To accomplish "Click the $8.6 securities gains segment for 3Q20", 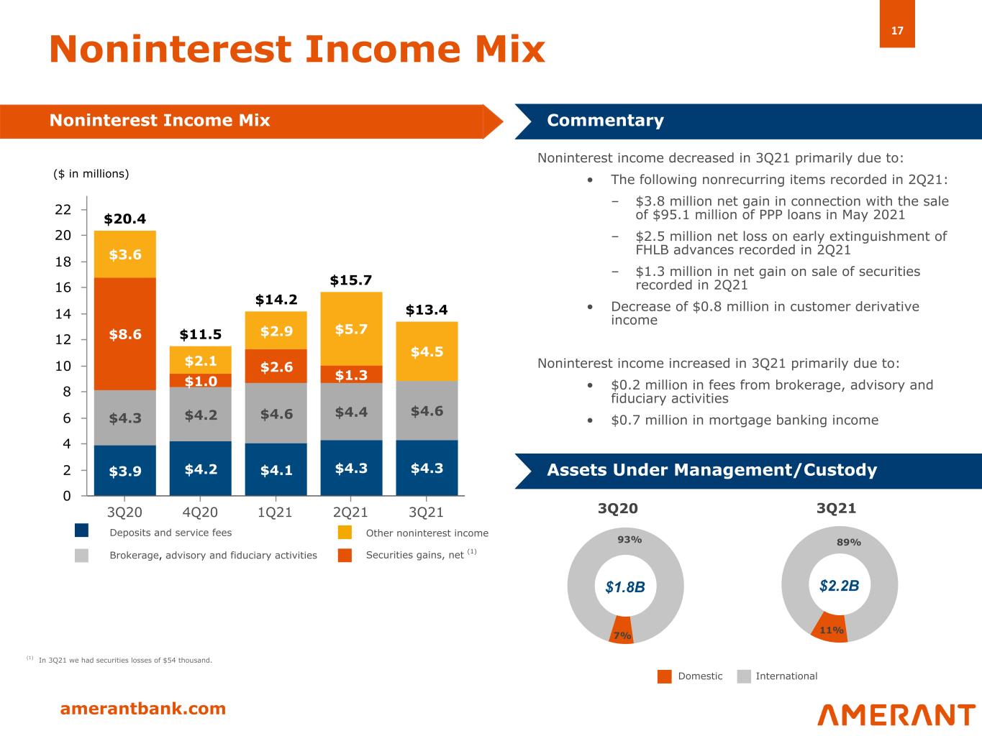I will pyautogui.click(x=125, y=334).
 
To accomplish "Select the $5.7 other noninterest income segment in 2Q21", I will pyautogui.click(x=351, y=329).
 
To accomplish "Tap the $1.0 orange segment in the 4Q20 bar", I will pyautogui.click(x=200, y=381).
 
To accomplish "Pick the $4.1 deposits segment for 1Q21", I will pyautogui.click(x=276, y=470).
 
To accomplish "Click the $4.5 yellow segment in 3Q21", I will pyautogui.click(x=427, y=351).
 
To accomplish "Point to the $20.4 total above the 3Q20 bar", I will pyautogui.click(x=125, y=218).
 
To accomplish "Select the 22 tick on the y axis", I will pyautogui.click(x=63, y=210).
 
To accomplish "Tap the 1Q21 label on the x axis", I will pyautogui.click(x=276, y=512).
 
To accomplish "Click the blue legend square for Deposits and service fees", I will pyautogui.click(x=82, y=532).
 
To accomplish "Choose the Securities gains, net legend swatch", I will pyautogui.click(x=345, y=555).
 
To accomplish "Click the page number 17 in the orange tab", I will pyautogui.click(x=897, y=31).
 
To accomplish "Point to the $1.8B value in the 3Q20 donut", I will pyautogui.click(x=625, y=587).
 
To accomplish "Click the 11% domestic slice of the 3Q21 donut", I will pyautogui.click(x=831, y=627).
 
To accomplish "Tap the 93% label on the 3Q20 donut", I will pyautogui.click(x=629, y=539).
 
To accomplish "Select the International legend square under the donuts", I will pyautogui.click(x=744, y=676).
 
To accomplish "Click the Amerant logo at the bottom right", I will pyautogui.click(x=896, y=714).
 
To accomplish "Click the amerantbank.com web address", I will pyautogui.click(x=143, y=709).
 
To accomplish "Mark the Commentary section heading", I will pyautogui.click(x=605, y=120).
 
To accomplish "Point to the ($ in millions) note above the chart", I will pyautogui.click(x=91, y=173).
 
